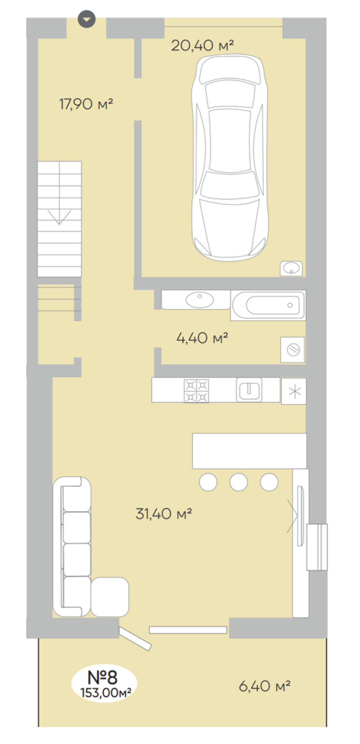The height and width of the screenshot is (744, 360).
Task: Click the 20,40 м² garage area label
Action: coord(202,46)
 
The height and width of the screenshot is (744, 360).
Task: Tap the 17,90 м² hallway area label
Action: coord(86,104)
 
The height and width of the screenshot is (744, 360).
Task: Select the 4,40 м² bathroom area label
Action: coord(202,338)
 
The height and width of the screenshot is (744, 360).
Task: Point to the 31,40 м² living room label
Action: coord(163,514)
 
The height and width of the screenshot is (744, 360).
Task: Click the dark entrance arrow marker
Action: coord(87,19)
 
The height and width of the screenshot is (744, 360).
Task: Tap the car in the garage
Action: coord(230,158)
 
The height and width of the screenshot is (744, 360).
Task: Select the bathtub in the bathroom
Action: coord(268,305)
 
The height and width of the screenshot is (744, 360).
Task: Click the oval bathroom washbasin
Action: coord(199,300)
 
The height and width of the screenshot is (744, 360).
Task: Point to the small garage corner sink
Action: coord(291,268)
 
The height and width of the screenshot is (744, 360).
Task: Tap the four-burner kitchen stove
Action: coord(196,391)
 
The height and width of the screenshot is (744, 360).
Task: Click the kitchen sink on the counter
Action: coord(249,390)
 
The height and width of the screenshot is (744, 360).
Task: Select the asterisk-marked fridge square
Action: coord(294,391)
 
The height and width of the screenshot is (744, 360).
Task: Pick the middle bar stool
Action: coord(239,482)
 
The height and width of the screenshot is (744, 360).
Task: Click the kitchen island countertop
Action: coord(249,451)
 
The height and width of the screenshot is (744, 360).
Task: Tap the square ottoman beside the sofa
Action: coord(110,597)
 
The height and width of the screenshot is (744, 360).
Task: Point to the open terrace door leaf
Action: coord(135,639)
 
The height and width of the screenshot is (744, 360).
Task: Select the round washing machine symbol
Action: coord(293,350)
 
